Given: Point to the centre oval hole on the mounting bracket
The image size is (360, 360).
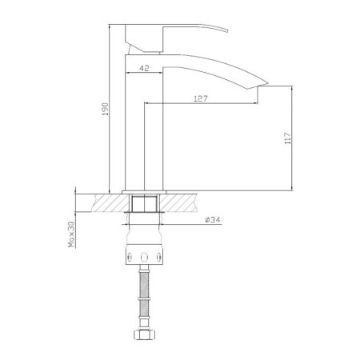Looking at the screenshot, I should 146,258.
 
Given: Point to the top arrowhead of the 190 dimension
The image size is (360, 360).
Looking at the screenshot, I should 107,25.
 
